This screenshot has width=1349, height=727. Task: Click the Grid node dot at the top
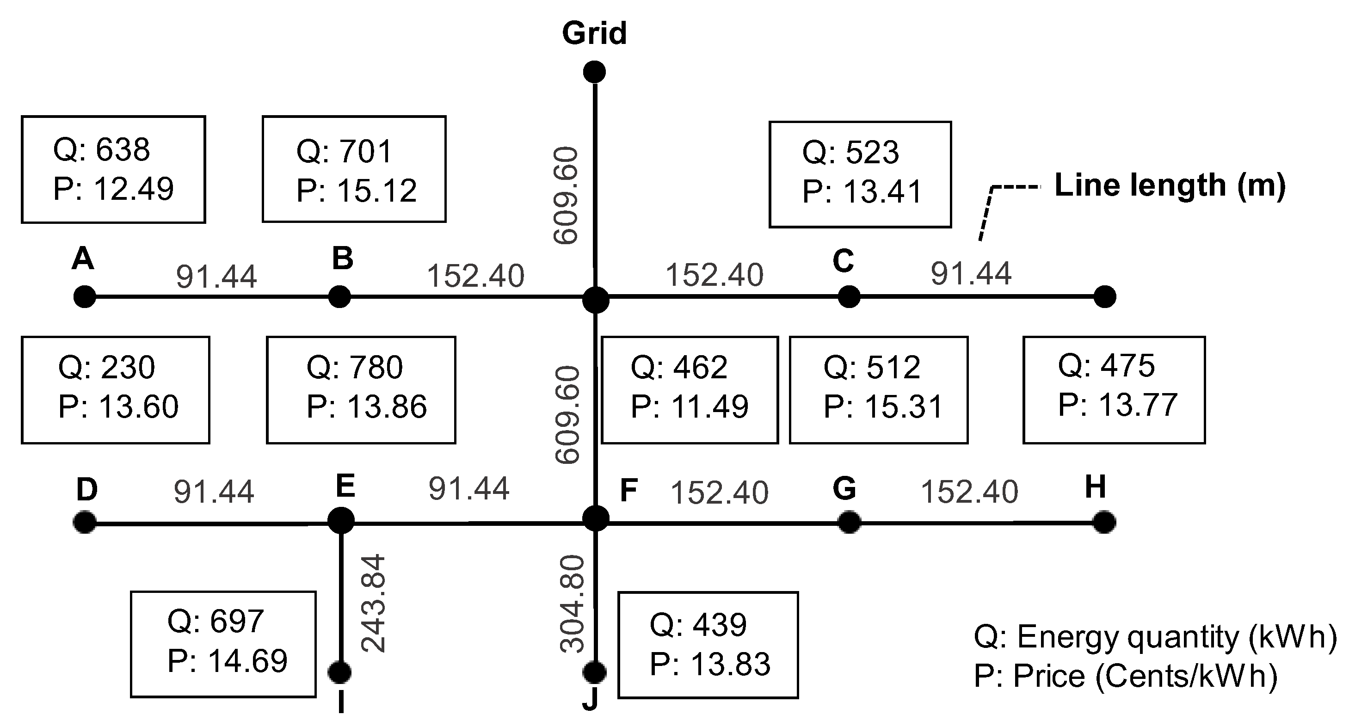click(594, 72)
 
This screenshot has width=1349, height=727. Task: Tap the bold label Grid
click(594, 33)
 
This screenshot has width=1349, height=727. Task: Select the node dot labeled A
click(84, 297)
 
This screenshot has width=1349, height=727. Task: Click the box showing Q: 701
click(354, 169)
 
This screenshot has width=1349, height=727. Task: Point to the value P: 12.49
click(113, 189)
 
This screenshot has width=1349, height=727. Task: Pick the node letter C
click(843, 261)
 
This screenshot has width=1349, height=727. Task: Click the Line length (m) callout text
click(1170, 185)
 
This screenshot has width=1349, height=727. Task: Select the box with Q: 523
click(860, 174)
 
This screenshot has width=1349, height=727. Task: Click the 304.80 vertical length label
click(573, 604)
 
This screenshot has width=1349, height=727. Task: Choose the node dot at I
click(340, 672)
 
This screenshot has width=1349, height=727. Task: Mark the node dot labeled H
click(1104, 522)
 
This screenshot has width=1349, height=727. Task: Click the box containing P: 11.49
click(690, 390)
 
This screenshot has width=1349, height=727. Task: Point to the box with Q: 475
click(1114, 390)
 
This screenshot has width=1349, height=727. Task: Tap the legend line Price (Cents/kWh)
click(1126, 676)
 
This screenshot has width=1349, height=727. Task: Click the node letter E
click(345, 486)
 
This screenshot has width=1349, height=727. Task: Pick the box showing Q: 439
click(708, 645)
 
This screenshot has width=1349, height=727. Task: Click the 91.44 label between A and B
click(216, 277)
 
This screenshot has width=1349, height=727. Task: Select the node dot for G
click(849, 522)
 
